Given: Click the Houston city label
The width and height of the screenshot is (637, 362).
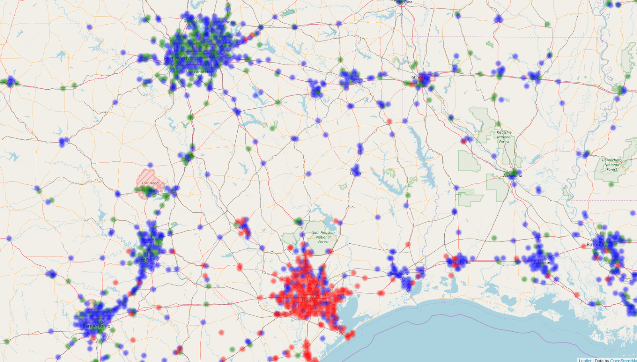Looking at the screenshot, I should point(311,299).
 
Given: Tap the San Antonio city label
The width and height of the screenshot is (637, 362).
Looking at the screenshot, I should point(96,326).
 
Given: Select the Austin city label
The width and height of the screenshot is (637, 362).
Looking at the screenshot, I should point(148,258).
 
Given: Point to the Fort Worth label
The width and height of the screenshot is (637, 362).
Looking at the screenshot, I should point(177,59).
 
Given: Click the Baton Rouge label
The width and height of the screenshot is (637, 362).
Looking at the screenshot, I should point(601,245).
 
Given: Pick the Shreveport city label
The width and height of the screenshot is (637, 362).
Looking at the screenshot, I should point(422,77).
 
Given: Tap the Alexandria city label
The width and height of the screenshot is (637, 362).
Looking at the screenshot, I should point(512,175).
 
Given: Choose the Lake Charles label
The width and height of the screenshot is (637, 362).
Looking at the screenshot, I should point(459,262).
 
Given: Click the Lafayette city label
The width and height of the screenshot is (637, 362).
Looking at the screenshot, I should point(541,262).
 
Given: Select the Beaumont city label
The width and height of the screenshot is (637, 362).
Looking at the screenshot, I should point(399,273).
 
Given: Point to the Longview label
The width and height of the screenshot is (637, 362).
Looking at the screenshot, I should point(354,79).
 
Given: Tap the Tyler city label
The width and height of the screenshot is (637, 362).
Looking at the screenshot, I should point(316,91).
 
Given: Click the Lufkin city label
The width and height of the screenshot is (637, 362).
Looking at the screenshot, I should point(356,173).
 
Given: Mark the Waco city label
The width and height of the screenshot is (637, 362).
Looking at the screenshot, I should point(189,156).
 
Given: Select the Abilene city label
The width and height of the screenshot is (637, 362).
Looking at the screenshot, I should point(11,83).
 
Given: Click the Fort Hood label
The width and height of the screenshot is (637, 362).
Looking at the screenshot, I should point(150,183).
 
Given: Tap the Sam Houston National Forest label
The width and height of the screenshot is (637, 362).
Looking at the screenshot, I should point(323,237).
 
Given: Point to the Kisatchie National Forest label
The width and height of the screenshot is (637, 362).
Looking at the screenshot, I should point(504,137).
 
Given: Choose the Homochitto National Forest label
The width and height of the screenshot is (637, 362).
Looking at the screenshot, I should point(612,165).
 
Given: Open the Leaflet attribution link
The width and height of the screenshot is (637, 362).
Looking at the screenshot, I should point(585,360).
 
